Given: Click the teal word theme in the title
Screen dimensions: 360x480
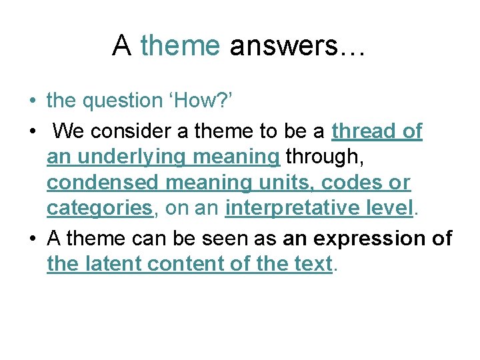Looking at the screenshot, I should point(180,46).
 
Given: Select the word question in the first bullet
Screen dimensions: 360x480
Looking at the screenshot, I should point(121,101).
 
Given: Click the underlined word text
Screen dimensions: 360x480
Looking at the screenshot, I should point(312,264).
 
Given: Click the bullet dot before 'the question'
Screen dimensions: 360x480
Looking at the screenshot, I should point(32,102).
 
